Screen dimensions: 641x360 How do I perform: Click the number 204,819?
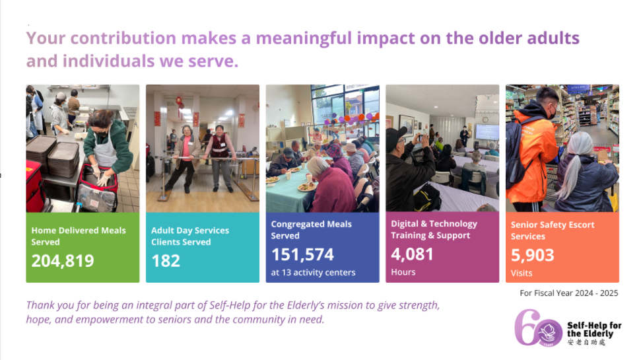pyautogui.click(x=63, y=261)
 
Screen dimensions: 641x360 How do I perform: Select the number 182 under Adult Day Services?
pyautogui.click(x=166, y=261)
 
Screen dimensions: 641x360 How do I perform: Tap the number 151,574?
pyautogui.click(x=302, y=255)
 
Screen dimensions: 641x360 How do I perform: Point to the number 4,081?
pyautogui.click(x=412, y=254)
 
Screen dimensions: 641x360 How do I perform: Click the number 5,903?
pyautogui.click(x=532, y=255)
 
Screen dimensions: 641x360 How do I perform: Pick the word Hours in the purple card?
pyautogui.click(x=403, y=272)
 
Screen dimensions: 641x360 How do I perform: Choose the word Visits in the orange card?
pyautogui.click(x=522, y=273)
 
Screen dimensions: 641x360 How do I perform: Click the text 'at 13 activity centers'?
pyautogui.click(x=313, y=272)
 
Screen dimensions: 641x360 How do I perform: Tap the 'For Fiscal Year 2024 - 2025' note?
pyautogui.click(x=568, y=293)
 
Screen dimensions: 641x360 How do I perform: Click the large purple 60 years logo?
pyautogui.click(x=537, y=328)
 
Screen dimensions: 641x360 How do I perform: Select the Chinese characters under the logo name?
pyautogui.click(x=586, y=342)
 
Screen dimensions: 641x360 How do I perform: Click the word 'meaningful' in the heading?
pyautogui.click(x=304, y=38)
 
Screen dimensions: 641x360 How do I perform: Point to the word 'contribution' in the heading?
pyautogui.click(x=123, y=38)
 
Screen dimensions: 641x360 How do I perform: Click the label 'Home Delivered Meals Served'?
pyautogui.click(x=79, y=236)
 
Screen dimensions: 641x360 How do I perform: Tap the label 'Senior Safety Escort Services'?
pyautogui.click(x=553, y=231)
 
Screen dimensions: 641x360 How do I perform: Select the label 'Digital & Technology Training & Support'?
pyautogui.click(x=434, y=229)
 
